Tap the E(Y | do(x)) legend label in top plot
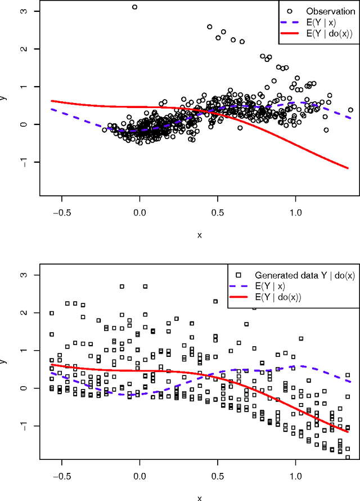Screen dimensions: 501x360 click(329, 34)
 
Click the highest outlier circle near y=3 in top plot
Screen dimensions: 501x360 click(134, 7)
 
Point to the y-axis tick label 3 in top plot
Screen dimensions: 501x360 click(21, 11)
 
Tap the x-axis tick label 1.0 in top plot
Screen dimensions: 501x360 click(296, 213)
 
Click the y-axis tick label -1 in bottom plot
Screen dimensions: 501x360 click(21, 426)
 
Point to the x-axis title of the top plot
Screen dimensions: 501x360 click(199, 235)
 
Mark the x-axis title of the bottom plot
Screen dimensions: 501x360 click(199, 498)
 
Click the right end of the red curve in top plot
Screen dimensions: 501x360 click(348, 168)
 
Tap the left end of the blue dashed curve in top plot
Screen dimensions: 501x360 click(52, 109)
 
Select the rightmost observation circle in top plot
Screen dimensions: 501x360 click(350, 110)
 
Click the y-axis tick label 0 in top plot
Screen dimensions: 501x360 click(21, 124)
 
